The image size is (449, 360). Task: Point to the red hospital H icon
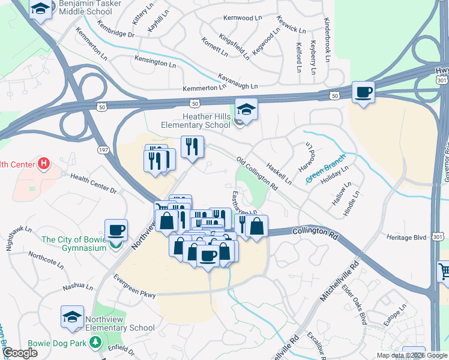click(43, 163)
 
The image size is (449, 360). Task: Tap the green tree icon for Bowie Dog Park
click(94, 342)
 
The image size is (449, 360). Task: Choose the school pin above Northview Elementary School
click(72, 316)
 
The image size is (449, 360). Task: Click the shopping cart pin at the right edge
click(444, 272)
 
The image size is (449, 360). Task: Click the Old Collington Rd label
click(257, 175)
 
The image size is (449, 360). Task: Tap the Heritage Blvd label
click(406, 238)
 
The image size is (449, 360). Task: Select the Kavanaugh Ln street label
click(238, 82)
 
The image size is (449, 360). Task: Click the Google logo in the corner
click(20, 353)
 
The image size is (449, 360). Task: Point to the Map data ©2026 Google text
click(412, 355)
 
